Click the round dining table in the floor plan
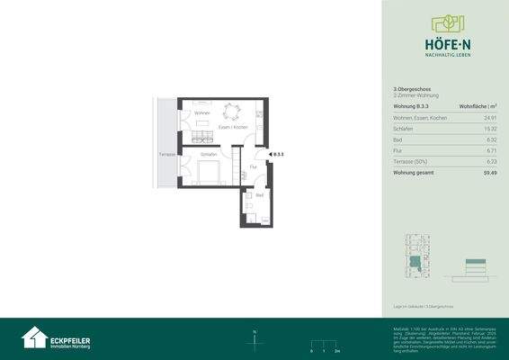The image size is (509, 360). (x=231, y=114)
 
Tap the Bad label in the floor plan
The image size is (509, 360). (x=260, y=195)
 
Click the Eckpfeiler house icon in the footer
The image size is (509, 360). (x=35, y=337)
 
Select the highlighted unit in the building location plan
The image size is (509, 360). (x=415, y=262)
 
